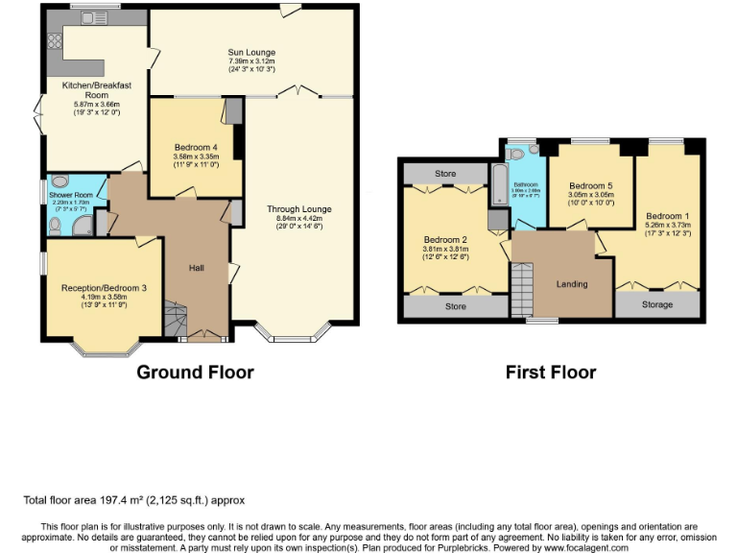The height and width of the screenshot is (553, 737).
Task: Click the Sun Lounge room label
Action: coord(251,52)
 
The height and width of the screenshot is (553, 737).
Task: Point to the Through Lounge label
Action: coord(299,209)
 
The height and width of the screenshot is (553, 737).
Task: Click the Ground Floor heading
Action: coord(195,373)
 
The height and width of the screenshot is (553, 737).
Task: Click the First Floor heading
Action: coord(551,373)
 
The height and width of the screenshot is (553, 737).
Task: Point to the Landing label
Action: coord(572,284)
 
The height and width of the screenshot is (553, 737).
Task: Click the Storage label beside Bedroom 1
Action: coord(656,304)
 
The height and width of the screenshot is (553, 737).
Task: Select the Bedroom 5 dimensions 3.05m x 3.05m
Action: coord(589,200)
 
